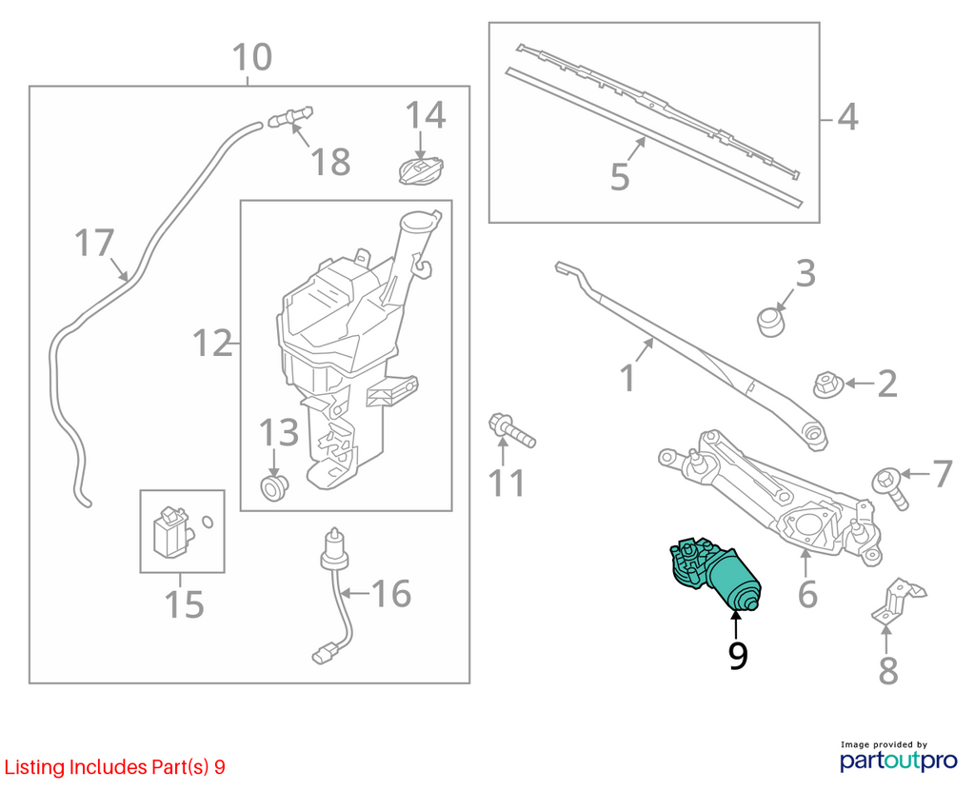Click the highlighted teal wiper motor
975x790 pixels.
pos(714,573)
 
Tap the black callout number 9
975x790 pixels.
pos(738,655)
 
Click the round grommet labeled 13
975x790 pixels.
pos(273,486)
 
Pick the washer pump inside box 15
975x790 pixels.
pos(170,531)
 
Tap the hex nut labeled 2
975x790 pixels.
pos(828,385)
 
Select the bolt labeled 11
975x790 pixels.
pos(512,431)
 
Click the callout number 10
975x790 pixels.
pos(251,56)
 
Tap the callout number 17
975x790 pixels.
pos(94,243)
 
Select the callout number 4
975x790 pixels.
pos(847,117)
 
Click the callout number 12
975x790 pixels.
pos(212,343)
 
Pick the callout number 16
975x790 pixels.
pos(391,594)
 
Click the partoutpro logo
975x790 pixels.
pos(899,757)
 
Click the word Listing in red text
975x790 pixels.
pos(34,767)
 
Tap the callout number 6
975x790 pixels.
pos(807,594)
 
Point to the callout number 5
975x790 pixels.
pos(620,176)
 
